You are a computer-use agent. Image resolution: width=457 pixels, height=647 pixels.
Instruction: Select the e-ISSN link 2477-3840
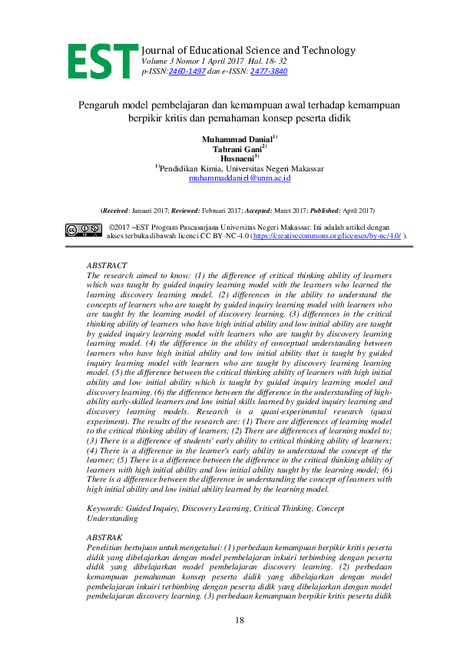click(x=268, y=71)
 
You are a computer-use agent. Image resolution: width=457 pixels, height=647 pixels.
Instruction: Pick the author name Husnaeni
click(x=237, y=158)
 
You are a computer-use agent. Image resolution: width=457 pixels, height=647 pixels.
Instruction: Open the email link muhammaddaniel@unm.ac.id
click(x=239, y=178)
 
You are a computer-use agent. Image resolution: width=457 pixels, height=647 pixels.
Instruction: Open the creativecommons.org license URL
click(x=326, y=237)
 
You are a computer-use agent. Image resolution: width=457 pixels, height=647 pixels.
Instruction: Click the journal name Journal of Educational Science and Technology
click(x=247, y=51)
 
